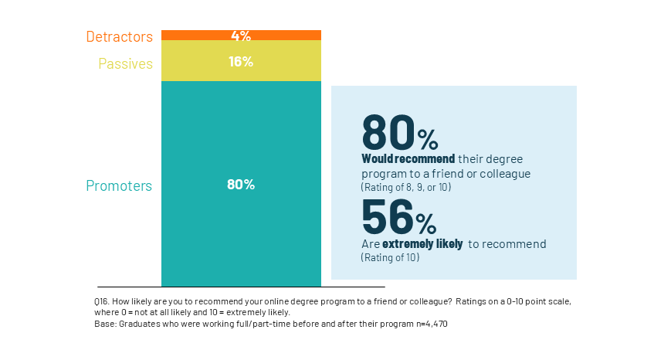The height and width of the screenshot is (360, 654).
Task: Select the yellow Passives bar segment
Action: pos(193,61)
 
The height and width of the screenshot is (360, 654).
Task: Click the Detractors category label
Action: pos(119,36)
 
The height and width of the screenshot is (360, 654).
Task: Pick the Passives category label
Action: pos(125,63)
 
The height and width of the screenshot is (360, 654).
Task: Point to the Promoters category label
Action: pos(119,185)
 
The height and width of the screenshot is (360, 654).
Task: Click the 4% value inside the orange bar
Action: pos(241,36)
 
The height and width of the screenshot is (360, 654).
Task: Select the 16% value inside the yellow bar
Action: pos(241,62)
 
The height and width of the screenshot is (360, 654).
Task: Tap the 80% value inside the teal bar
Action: pos(241,185)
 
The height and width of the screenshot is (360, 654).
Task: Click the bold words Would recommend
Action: pos(408,158)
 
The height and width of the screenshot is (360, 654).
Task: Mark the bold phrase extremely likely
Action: pos(422,244)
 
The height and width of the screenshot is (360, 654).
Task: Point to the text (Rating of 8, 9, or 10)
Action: pos(406,187)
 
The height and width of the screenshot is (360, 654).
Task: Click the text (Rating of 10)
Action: pos(391,258)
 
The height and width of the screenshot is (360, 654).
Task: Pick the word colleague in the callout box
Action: pos(504,174)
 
